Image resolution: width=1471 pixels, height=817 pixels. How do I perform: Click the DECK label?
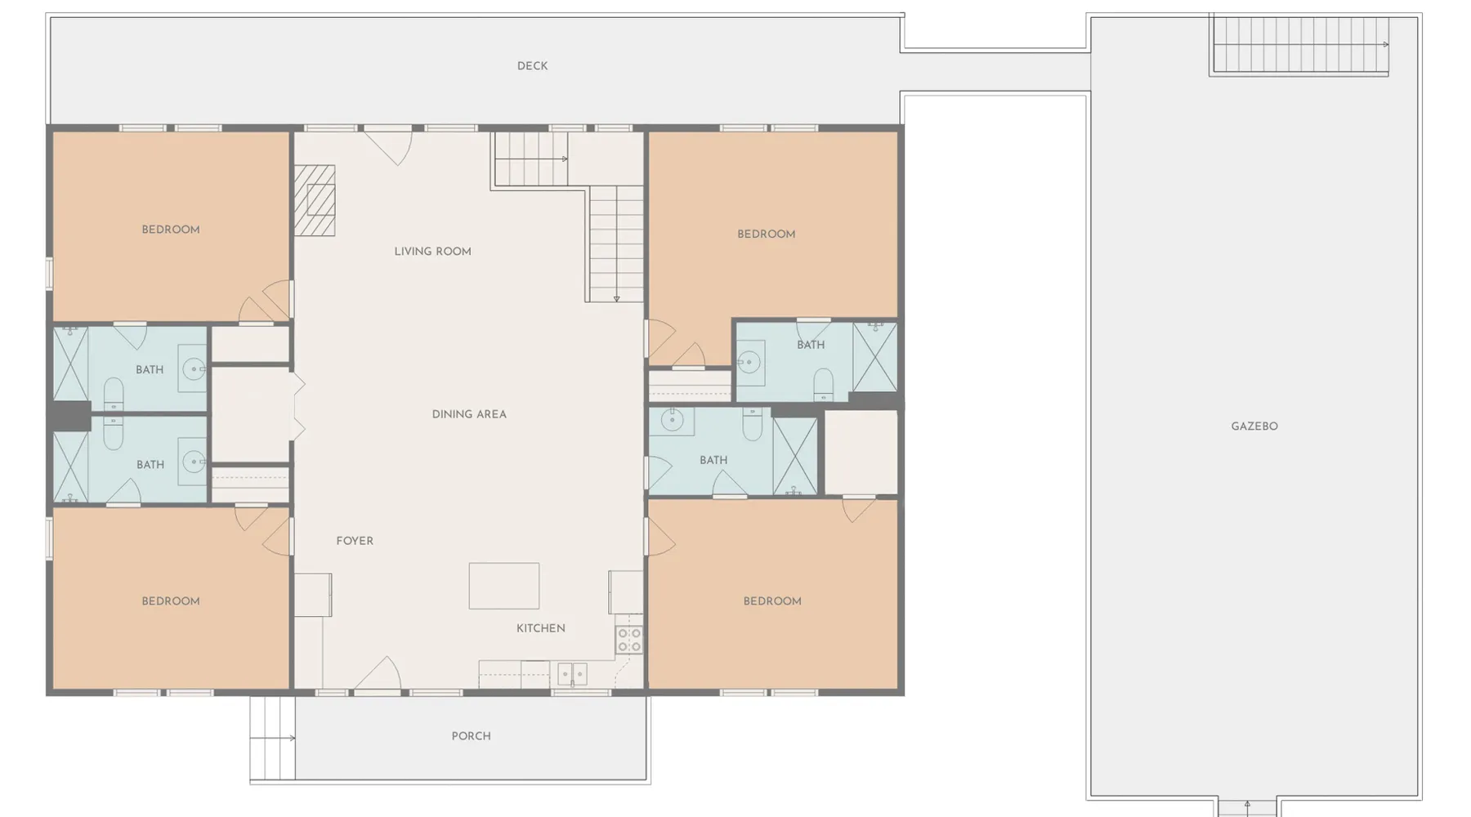coord(532,66)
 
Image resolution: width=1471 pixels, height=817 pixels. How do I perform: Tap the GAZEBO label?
coord(1254,426)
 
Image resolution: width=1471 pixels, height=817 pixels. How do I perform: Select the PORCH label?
coord(472,736)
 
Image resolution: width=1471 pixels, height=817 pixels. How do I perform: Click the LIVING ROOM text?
coord(432,252)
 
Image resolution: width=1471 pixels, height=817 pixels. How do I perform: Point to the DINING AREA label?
coord(469,414)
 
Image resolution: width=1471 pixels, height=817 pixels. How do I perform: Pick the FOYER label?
coord(355,541)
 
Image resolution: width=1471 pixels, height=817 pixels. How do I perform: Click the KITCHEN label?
coord(541,628)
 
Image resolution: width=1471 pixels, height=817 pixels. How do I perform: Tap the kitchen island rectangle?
coord(504,586)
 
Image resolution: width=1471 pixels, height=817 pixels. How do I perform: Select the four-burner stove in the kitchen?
coord(629,640)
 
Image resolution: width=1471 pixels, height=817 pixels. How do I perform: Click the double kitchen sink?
coord(572,674)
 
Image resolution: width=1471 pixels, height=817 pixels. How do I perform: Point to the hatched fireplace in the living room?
coord(315,200)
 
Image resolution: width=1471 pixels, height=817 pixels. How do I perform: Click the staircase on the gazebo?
coord(1299,45)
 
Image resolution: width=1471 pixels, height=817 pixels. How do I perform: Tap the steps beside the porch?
coord(273,739)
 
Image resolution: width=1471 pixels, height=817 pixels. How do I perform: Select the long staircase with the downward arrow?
coord(616,244)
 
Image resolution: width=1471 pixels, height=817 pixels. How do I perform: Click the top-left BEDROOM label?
coord(171,230)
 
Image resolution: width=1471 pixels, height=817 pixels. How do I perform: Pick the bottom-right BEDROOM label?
coord(772,601)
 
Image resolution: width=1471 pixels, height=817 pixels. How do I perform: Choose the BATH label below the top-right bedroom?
coord(811,345)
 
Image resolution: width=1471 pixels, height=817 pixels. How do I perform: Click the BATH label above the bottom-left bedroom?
coord(150,465)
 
